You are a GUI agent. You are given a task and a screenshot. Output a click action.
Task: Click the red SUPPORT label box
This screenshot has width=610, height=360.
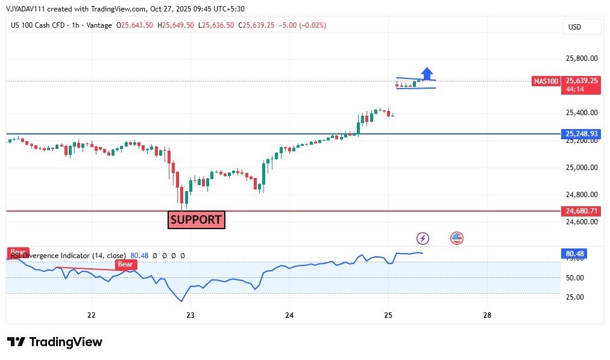point(196,219)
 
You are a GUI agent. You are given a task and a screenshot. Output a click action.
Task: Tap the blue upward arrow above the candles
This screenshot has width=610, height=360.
point(427,73)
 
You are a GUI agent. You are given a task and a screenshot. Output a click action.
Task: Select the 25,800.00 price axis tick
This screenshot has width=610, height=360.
point(582,58)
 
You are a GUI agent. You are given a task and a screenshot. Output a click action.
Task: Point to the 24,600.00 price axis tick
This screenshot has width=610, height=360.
point(582,221)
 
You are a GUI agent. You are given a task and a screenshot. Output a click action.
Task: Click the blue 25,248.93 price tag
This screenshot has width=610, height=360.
point(582,133)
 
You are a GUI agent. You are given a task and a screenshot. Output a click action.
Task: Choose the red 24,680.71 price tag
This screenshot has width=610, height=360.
point(582,211)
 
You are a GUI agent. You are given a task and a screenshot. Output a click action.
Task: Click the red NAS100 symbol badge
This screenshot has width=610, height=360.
point(546,81)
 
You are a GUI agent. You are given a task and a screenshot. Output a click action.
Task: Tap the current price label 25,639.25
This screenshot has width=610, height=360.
point(582,80)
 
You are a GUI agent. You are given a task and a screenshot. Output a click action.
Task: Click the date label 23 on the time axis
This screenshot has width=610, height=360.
point(190,315)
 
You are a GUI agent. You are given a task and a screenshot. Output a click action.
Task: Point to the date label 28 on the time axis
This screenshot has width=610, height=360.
point(488,315)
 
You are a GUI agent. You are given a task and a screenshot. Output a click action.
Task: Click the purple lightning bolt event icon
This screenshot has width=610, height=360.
point(423,238)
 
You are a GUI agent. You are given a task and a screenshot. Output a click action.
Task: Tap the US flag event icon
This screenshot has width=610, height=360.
point(457,238)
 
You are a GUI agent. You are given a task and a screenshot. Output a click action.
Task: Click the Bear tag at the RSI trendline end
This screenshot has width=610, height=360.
point(125,264)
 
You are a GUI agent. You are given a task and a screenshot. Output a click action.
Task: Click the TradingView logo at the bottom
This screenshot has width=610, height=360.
point(55,342)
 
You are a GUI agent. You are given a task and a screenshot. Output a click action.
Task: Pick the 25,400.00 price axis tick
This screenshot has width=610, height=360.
point(582,113)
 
